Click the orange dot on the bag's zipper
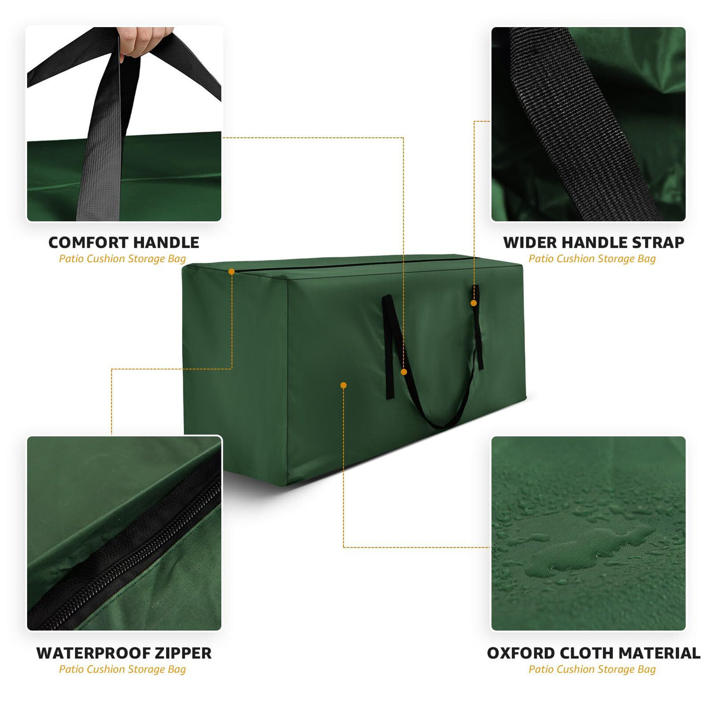coord(232,272)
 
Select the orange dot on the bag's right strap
coord(474,303)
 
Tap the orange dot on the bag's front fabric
coord(344,385)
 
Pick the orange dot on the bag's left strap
coord(404,372)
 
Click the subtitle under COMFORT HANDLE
coord(122,259)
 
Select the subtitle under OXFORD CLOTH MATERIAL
coord(592,669)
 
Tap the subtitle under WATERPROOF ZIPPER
coord(122,669)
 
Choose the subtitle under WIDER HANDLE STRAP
coord(592,259)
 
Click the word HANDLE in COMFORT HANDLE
coord(166,243)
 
